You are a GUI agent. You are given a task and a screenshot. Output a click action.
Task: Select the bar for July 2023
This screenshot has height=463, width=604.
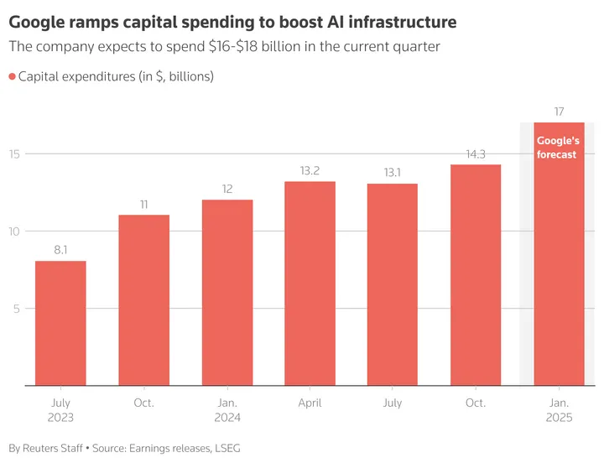[x=60, y=323]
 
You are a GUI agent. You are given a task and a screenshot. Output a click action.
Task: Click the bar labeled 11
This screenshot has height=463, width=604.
[x=143, y=300]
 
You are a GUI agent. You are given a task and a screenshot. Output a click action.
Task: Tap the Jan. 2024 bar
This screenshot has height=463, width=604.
[x=226, y=293]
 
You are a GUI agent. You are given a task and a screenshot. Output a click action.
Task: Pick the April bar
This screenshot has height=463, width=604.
[x=310, y=284]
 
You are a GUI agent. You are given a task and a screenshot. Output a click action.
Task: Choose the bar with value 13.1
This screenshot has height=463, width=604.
[x=393, y=284]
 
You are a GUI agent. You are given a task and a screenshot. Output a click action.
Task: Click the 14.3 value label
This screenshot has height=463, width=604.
[x=476, y=153]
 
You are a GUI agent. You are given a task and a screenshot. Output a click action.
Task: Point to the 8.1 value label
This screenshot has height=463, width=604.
[x=60, y=250]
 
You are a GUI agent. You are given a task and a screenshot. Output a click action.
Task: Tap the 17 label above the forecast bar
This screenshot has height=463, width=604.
[x=559, y=112]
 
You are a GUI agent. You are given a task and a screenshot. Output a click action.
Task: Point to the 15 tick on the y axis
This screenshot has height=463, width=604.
[x=15, y=153]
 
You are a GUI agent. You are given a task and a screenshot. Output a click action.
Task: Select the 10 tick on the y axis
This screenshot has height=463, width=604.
[x=15, y=231]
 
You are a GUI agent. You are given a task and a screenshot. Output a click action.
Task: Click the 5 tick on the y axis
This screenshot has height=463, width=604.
[x=18, y=308]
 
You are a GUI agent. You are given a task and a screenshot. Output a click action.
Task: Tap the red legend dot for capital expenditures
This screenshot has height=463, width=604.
[x=13, y=77]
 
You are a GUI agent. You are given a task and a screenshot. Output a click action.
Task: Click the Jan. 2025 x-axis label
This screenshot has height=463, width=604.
[x=559, y=409]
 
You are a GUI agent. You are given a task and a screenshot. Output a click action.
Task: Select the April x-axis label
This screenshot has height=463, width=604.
[x=310, y=403]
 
